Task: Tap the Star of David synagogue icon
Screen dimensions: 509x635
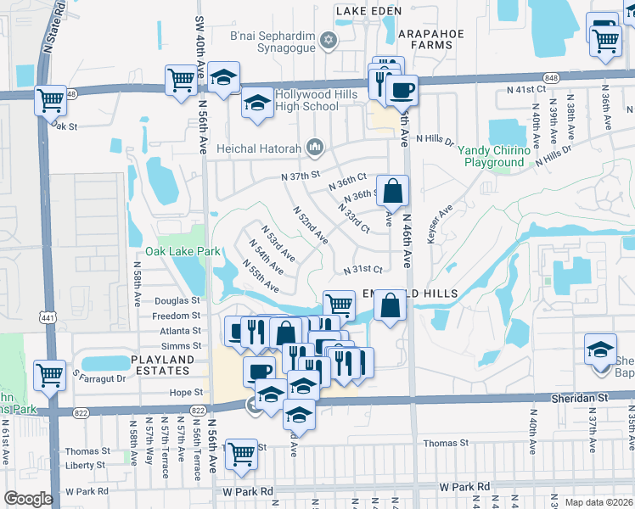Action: [x=329, y=39]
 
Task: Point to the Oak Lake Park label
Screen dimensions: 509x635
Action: [x=183, y=251]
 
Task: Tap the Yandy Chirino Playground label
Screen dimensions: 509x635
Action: [x=492, y=156]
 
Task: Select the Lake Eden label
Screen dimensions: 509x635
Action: [x=367, y=10]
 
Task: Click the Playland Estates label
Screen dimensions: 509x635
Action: [x=161, y=365]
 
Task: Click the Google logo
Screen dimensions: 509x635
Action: [x=28, y=499]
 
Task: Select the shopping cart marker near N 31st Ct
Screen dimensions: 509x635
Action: [x=339, y=304]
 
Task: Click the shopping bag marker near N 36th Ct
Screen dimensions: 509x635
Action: [x=392, y=191]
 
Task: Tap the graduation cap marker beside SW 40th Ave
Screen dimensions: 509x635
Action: [x=223, y=79]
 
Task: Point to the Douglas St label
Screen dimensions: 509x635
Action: [x=177, y=300]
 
